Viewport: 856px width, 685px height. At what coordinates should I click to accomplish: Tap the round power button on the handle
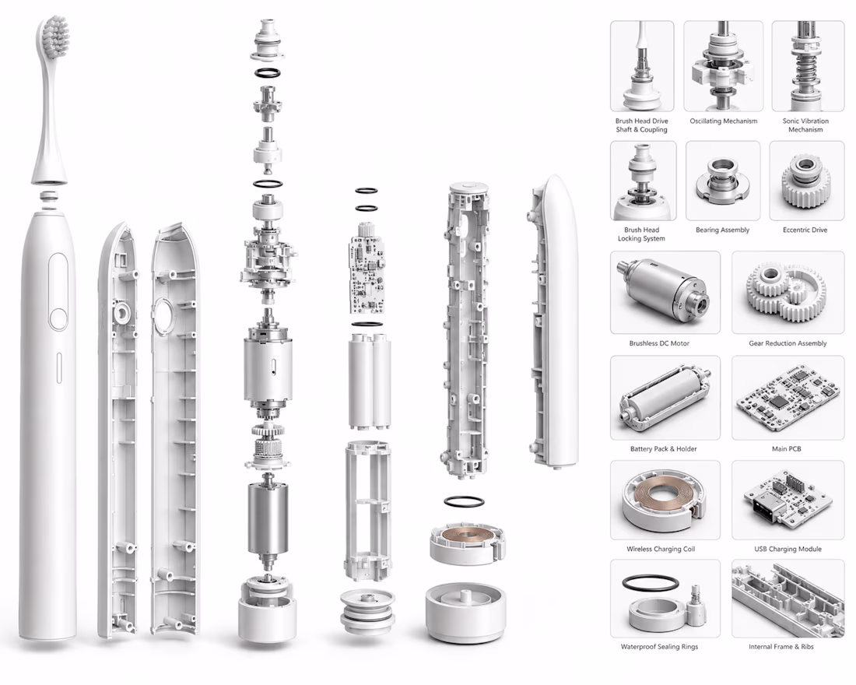(x=58, y=319)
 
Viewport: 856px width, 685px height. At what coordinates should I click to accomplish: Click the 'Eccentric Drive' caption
(x=805, y=230)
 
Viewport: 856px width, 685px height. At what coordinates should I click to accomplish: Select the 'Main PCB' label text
(x=786, y=448)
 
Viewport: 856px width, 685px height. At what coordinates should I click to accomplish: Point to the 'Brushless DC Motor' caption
(x=659, y=343)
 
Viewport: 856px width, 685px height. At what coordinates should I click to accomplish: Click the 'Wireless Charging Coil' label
(x=661, y=549)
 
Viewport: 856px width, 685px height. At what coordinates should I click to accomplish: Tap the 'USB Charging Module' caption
(x=788, y=549)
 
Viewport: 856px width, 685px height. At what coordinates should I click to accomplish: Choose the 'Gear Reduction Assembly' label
(x=788, y=343)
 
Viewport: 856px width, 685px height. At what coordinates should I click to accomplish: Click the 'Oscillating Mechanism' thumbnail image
(x=724, y=66)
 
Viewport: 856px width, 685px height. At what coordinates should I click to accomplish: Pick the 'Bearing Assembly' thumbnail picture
(x=723, y=181)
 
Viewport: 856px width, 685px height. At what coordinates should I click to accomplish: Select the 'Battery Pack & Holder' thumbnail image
(x=665, y=398)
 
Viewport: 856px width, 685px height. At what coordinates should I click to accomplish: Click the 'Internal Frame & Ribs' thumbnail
(x=788, y=598)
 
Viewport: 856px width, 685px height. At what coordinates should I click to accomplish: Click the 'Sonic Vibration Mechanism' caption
(x=805, y=125)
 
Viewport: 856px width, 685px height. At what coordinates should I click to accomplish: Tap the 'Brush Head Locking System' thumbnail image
(x=643, y=181)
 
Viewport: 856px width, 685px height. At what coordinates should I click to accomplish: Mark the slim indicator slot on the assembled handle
(x=59, y=367)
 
